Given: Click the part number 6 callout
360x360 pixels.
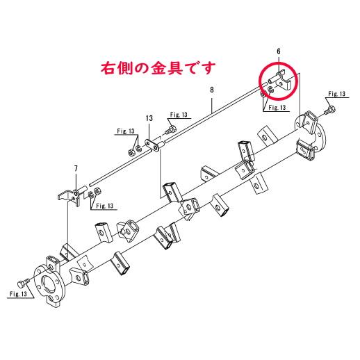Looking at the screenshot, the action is click(279, 51).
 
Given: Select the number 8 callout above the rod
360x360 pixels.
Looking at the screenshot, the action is click(212, 90).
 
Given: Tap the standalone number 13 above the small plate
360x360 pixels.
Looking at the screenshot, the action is click(149, 118).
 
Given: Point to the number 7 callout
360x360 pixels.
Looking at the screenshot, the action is click(76, 168).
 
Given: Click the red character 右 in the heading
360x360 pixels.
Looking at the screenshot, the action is click(108, 68).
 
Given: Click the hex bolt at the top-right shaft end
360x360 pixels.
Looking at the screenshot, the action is click(330, 110).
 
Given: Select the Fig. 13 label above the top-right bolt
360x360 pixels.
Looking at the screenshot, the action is click(336, 94).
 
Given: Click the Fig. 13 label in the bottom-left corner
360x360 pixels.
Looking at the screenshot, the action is click(18, 294).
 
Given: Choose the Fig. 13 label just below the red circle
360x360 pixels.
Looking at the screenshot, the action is click(277, 108).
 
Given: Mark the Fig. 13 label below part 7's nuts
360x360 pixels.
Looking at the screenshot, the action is click(105, 206).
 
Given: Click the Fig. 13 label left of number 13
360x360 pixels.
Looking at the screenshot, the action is click(126, 131).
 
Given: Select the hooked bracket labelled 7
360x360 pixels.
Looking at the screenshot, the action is click(69, 196).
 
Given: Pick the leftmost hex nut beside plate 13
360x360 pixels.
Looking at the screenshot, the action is click(131, 153).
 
